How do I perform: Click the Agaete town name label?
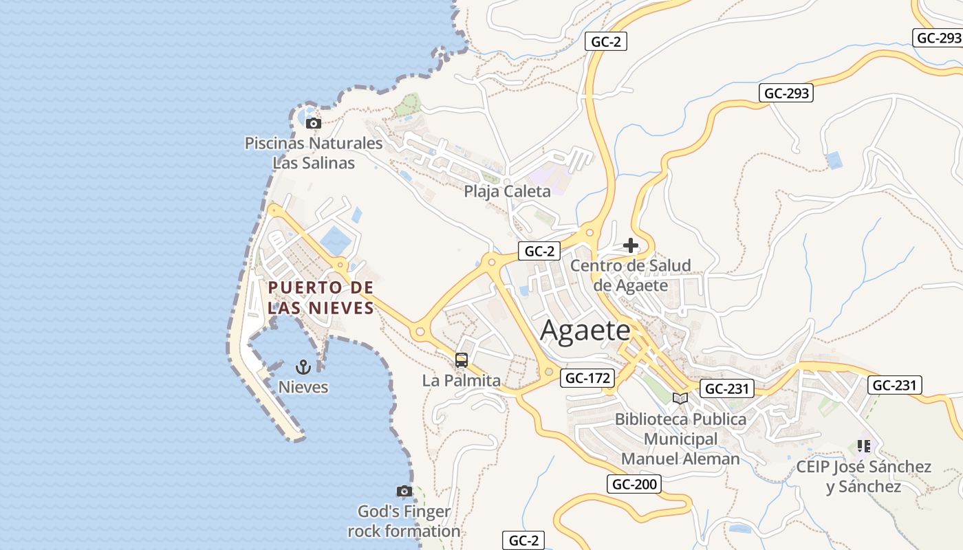pyautogui.click(x=585, y=331)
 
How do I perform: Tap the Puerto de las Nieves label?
pyautogui.click(x=321, y=297)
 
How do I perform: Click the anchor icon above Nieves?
pyautogui.click(x=303, y=366)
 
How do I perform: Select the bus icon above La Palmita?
pyautogui.click(x=461, y=360)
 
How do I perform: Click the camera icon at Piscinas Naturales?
pyautogui.click(x=314, y=124)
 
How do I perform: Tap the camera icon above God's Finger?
pyautogui.click(x=404, y=491)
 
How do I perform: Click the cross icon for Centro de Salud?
pyautogui.click(x=630, y=245)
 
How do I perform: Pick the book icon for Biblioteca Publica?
pyautogui.click(x=680, y=398)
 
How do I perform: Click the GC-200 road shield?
pyautogui.click(x=634, y=484)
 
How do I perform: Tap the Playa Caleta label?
pyautogui.click(x=507, y=191)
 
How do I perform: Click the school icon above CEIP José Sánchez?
pyautogui.click(x=864, y=446)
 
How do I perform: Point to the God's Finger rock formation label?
pyautogui.click(x=404, y=521)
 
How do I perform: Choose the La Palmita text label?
pyautogui.click(x=461, y=379)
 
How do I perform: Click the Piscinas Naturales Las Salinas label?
pyautogui.click(x=314, y=153)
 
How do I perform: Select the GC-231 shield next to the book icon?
pyautogui.click(x=727, y=388)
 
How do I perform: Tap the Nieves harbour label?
pyautogui.click(x=303, y=387)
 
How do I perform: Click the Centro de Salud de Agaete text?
pyautogui.click(x=631, y=275)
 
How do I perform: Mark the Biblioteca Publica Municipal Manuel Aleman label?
pyautogui.click(x=680, y=439)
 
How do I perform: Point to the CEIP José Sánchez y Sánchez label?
pyautogui.click(x=864, y=476)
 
